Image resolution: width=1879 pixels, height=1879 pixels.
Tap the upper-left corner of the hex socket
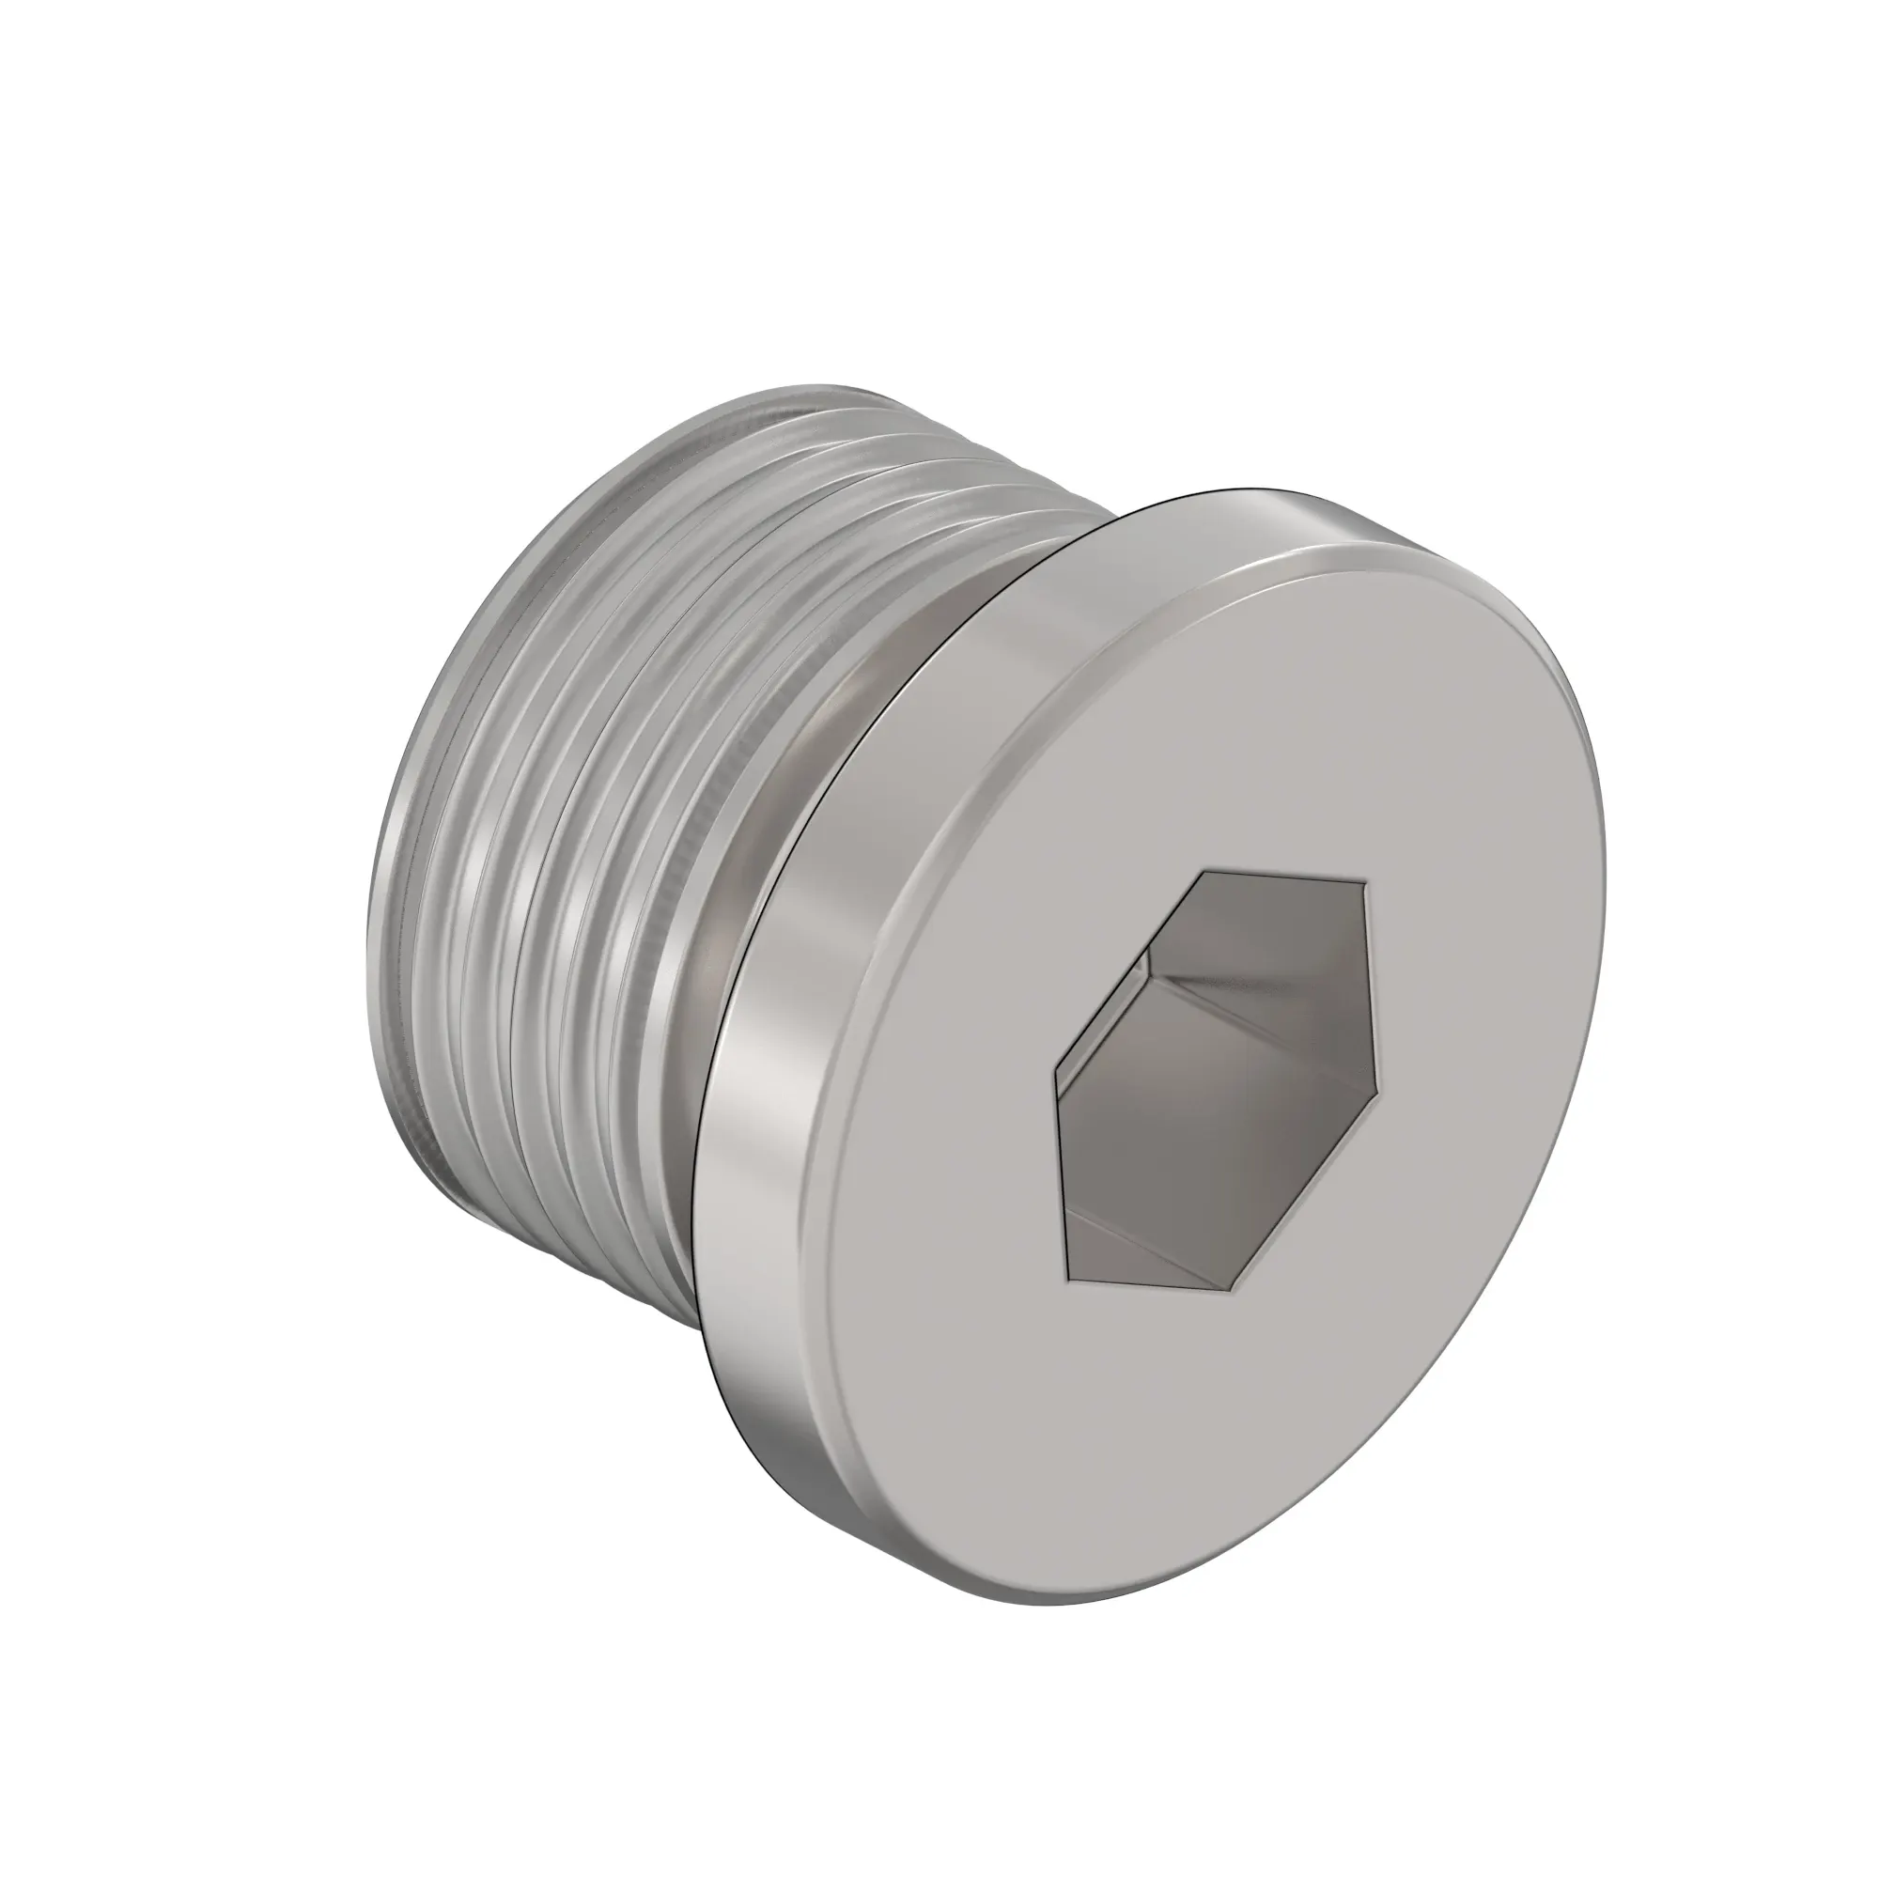click(1203, 873)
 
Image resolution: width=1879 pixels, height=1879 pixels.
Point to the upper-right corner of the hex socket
click(1366, 886)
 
